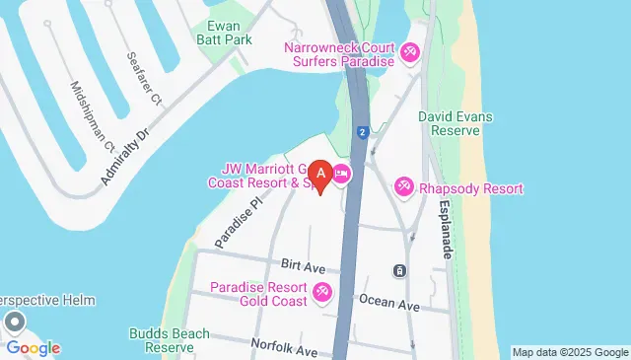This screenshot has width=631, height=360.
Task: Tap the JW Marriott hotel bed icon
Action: tap(342, 175)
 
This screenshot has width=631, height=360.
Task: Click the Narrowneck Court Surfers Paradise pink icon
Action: tap(409, 52)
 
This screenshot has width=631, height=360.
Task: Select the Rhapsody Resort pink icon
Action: tap(404, 186)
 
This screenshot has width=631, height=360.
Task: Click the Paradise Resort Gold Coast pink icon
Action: tap(322, 293)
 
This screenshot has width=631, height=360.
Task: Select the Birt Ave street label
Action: tap(303, 266)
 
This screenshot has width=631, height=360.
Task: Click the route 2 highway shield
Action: tap(363, 131)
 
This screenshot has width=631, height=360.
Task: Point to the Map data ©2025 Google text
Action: tap(569, 352)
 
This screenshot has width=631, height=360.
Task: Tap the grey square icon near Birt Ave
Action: tap(398, 270)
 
